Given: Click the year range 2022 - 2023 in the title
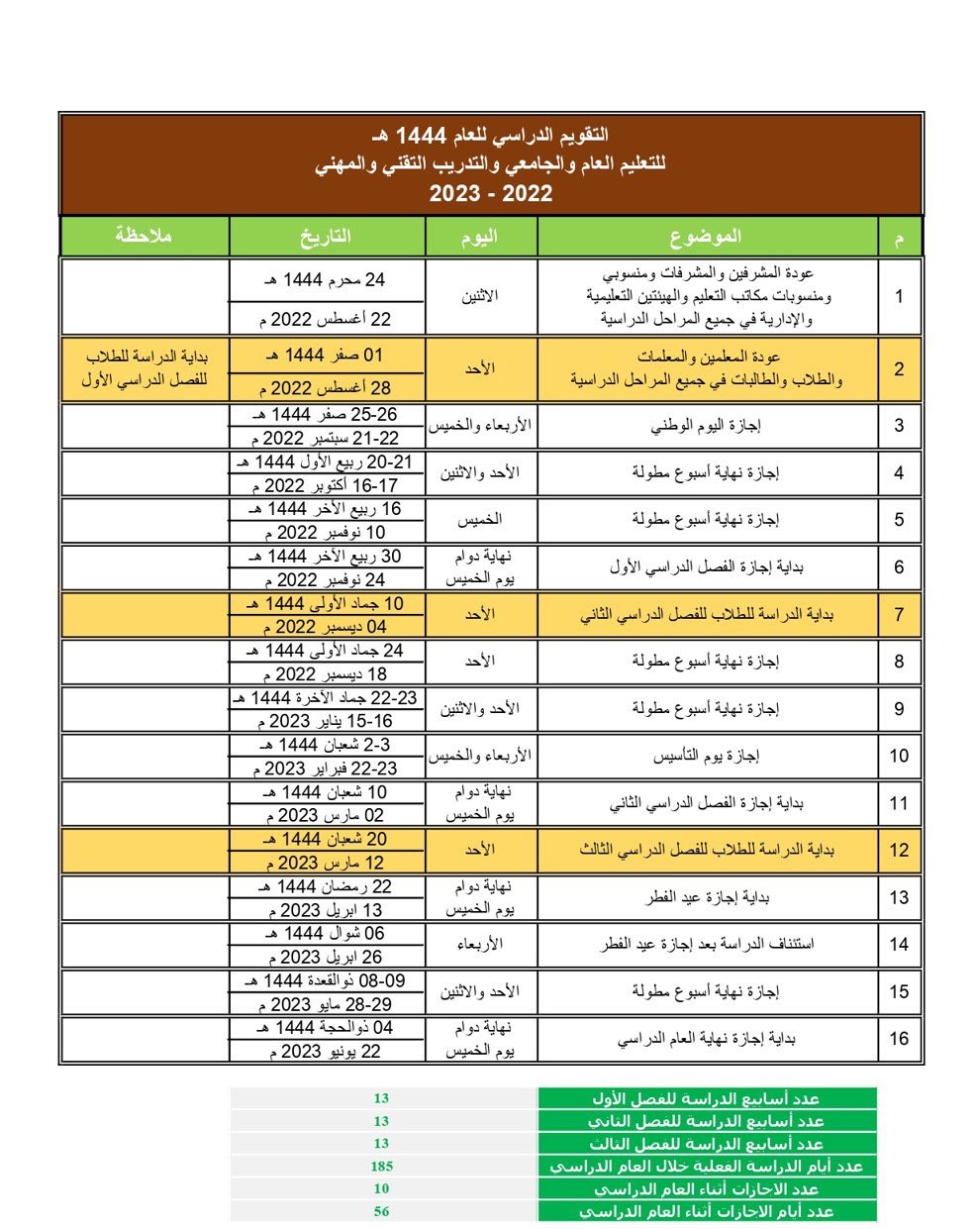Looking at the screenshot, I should pos(490,192).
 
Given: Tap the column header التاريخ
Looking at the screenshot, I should pos(326,237).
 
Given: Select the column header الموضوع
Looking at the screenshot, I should pos(707,237).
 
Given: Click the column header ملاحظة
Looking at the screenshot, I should pos(144,237).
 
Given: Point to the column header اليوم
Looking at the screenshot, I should pos(480,237).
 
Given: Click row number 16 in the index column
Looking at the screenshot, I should pos(899,1038).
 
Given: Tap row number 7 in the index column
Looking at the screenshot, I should pos(899,614).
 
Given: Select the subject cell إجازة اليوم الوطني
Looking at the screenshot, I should pos(707,426).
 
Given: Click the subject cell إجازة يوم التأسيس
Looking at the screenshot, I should pos(707,756).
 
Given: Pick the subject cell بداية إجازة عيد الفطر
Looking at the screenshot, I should pos(707,897).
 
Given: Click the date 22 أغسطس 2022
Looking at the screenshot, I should pos(326,319).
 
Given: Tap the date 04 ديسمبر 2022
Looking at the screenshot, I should pos(326,627).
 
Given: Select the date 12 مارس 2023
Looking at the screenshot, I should pos(326,863).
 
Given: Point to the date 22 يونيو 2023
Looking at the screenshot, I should pos(326,1052).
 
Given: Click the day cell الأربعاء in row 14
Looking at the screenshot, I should pos(480,945).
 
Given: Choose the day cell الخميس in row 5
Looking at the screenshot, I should pos(480,520).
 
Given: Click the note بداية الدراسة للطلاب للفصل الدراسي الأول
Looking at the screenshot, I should pos(145,368).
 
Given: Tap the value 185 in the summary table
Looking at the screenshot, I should pos(382,1166).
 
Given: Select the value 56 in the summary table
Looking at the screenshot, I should pos(382,1211).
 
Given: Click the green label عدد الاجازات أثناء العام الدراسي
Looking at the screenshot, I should pos(707,1188).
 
